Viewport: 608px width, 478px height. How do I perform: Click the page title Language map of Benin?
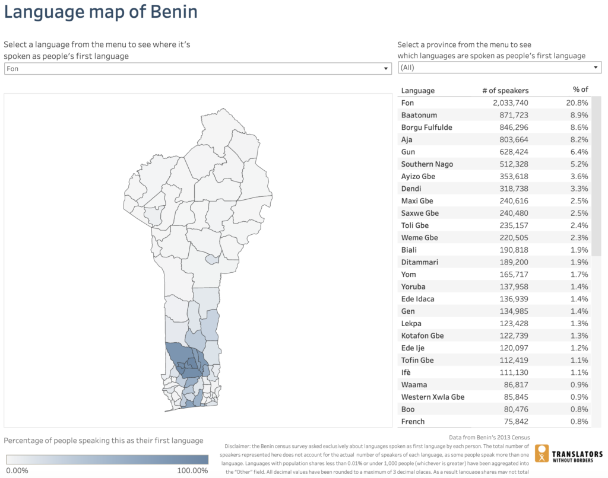[101, 12]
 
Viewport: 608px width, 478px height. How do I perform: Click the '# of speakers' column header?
[505, 90]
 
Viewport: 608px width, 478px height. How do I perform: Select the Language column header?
[417, 90]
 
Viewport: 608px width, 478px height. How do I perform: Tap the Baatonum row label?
[419, 115]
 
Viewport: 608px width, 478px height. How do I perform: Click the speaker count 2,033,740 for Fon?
[502, 103]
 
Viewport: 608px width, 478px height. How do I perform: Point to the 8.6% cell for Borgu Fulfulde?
[578, 127]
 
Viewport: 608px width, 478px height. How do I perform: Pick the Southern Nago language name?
[427, 164]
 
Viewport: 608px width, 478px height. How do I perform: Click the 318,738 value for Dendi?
[514, 189]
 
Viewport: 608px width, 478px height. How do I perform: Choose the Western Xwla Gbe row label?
[432, 397]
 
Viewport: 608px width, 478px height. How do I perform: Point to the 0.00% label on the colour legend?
[17, 470]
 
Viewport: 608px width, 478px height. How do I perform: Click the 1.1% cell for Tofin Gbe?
[578, 360]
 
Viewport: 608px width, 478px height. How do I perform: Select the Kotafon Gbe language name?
[422, 336]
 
